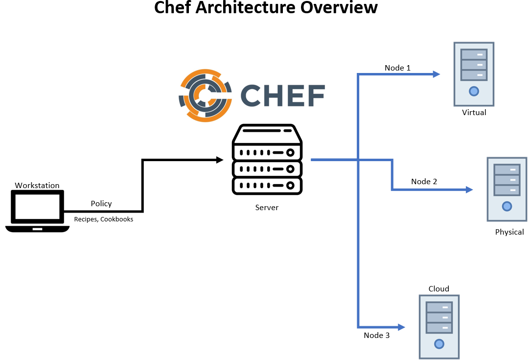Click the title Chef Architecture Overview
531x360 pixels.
point(266,8)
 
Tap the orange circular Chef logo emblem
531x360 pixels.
point(205,95)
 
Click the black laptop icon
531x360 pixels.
point(37,211)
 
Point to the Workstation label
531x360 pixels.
point(37,186)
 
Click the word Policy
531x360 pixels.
point(101,203)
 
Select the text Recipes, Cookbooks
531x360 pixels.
point(104,219)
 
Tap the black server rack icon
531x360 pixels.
point(267,160)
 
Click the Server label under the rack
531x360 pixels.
point(267,208)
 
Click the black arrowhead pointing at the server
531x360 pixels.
point(220,160)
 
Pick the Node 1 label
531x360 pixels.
point(397,68)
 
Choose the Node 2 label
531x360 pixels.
point(424,182)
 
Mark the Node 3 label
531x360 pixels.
point(377,336)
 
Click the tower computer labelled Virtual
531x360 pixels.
point(474,74)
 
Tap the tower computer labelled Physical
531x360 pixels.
point(507,189)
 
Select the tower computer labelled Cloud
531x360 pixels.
point(439,327)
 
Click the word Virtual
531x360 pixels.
point(474,113)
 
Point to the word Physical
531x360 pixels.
point(509,232)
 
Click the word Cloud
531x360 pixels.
point(439,289)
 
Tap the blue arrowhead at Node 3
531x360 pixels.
point(402,327)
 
